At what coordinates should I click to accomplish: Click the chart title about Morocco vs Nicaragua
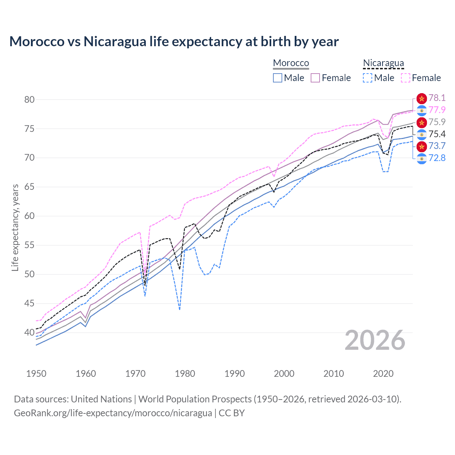point(174,42)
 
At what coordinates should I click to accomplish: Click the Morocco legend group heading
point(291,63)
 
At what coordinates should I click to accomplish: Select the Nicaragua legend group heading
point(383,63)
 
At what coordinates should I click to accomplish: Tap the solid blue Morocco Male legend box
point(278,78)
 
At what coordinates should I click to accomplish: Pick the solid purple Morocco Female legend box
point(315,78)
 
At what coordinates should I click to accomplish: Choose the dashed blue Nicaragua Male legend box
point(368,78)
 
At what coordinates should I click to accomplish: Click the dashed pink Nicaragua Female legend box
point(406,78)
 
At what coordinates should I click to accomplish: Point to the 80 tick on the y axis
point(30,100)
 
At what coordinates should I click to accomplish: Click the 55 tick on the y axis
point(30,245)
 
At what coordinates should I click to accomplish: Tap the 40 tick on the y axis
point(30,333)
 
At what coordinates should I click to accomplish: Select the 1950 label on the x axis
point(36,374)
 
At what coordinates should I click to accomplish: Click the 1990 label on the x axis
point(235,374)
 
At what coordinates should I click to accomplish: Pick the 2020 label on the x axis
point(383,374)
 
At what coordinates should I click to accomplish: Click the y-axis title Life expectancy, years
point(15,227)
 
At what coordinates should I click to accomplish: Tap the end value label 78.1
point(437,98)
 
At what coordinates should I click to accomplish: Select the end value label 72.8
point(437,158)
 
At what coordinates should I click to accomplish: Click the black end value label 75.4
point(437,134)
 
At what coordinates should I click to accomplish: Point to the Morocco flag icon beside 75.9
point(422,122)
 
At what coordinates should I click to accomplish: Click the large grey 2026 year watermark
point(375,340)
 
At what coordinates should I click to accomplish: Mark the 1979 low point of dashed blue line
point(180,310)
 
